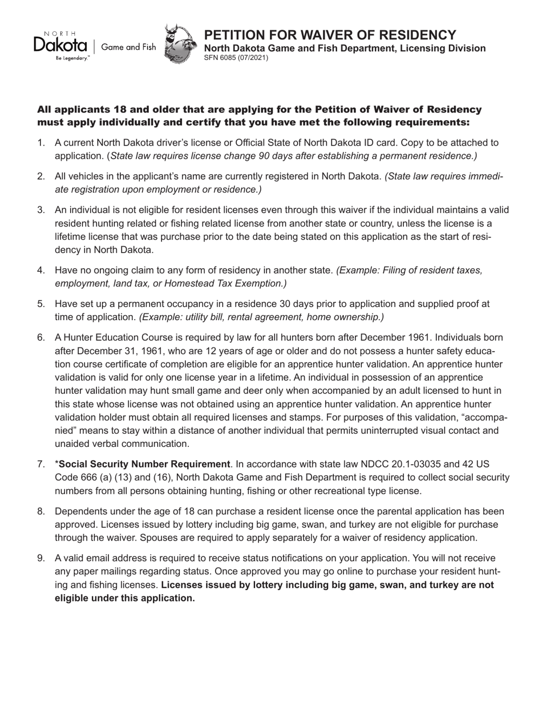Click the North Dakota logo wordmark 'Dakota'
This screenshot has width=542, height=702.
pyautogui.click(x=59, y=46)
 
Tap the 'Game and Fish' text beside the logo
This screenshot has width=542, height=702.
pyautogui.click(x=128, y=47)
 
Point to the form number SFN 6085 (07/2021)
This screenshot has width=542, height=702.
pyautogui.click(x=236, y=58)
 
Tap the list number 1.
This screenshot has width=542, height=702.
pyautogui.click(x=41, y=143)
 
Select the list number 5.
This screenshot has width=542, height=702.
pyautogui.click(x=41, y=304)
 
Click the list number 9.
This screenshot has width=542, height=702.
pyautogui.click(x=41, y=558)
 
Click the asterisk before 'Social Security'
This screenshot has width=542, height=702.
pyautogui.click(x=56, y=464)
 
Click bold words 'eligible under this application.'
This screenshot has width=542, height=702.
pyautogui.click(x=125, y=598)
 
